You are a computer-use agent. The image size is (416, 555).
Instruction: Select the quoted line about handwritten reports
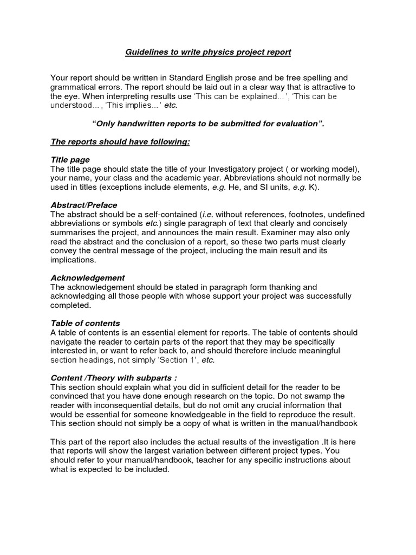click(209, 124)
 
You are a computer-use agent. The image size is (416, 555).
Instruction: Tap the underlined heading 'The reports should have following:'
click(120, 142)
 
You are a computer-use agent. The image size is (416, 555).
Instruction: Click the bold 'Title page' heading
click(70, 160)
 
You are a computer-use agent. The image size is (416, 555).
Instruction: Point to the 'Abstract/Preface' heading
click(84, 205)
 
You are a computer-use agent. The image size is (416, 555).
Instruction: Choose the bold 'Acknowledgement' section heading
click(88, 277)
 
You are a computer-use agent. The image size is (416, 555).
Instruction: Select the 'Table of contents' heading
click(85, 323)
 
